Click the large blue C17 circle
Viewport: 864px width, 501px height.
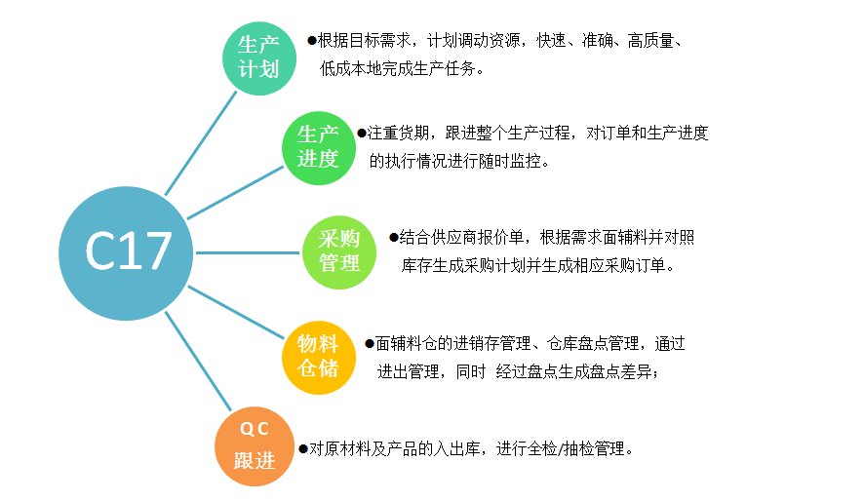point(126,253)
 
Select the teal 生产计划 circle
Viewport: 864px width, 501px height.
point(259,58)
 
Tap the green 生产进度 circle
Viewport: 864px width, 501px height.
point(319,148)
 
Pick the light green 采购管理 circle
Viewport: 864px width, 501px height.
point(339,252)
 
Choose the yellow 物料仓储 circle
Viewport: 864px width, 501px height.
point(319,358)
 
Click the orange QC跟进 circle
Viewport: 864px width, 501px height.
point(255,446)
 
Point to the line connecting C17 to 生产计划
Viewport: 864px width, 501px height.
point(201,143)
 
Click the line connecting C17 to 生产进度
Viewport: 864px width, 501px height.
point(235,193)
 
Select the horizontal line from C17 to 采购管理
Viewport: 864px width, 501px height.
point(248,252)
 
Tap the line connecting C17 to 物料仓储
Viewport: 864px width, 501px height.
point(236,312)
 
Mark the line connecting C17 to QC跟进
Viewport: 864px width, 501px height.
point(198,362)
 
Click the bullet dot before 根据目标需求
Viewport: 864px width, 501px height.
point(312,40)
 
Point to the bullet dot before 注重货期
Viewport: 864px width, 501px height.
point(362,133)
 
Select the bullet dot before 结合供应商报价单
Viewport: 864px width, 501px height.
point(393,237)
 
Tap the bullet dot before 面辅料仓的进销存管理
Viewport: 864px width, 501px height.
point(370,343)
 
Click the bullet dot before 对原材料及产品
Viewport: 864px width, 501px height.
point(303,448)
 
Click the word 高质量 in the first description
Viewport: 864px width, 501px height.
point(650,40)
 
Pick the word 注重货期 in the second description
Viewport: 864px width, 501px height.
point(399,133)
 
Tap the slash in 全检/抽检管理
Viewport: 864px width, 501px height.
point(561,449)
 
